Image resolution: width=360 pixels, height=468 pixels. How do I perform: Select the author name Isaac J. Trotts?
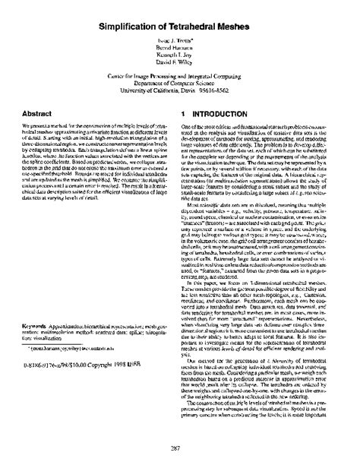point(179,46)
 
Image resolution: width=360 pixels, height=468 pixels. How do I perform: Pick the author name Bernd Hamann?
point(179,53)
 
